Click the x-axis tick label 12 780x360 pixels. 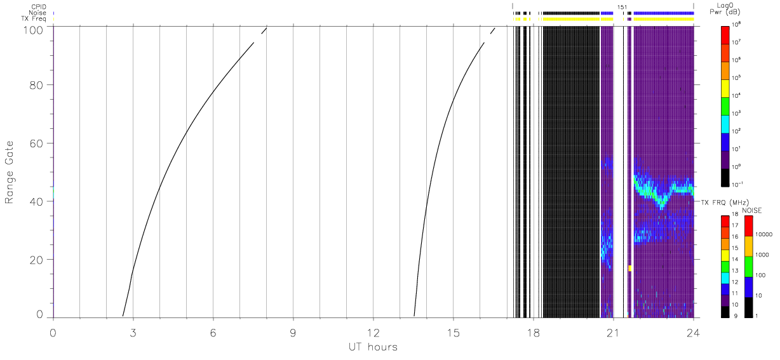[373, 333]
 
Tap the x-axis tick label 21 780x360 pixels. [613, 333]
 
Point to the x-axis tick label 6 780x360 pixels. [213, 333]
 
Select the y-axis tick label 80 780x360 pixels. [36, 85]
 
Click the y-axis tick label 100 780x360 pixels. [34, 30]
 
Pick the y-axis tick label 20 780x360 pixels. [36, 260]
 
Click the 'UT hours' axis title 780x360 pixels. [373, 347]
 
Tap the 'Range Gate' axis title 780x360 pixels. [9, 172]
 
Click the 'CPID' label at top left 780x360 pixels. [39, 7]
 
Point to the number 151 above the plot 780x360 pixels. [622, 7]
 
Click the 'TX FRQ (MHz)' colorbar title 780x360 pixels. [725, 203]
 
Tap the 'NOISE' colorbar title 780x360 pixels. [752, 211]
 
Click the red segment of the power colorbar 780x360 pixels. [725, 35]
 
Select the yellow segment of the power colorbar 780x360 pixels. [725, 89]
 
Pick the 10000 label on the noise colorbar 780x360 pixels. [763, 235]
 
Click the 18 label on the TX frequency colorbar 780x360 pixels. [735, 214]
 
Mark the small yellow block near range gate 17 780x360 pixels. [629, 268]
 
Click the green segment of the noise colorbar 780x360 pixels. [749, 267]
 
